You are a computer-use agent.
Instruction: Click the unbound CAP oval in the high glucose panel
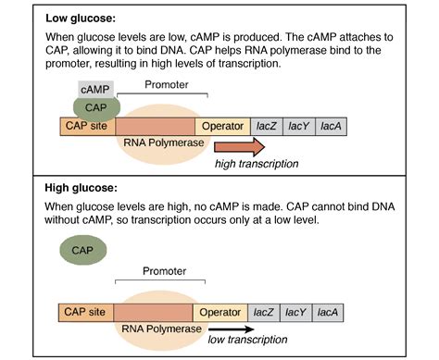pos(82,249)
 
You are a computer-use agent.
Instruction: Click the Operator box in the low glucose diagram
pos(223,126)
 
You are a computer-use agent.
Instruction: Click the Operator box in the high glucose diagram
pos(223,313)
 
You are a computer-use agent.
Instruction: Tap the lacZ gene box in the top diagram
pos(267,126)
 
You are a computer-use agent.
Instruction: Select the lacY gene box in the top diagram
pos(299,126)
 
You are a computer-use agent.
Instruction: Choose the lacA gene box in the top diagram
pos(331,126)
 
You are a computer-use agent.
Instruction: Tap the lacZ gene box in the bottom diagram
pos(267,313)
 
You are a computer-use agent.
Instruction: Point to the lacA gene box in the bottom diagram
pos(331,313)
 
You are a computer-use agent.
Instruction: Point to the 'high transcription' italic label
pos(257,164)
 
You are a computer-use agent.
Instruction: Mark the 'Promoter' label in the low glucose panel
pos(162,84)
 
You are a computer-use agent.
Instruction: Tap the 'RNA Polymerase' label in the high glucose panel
pos(160,329)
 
